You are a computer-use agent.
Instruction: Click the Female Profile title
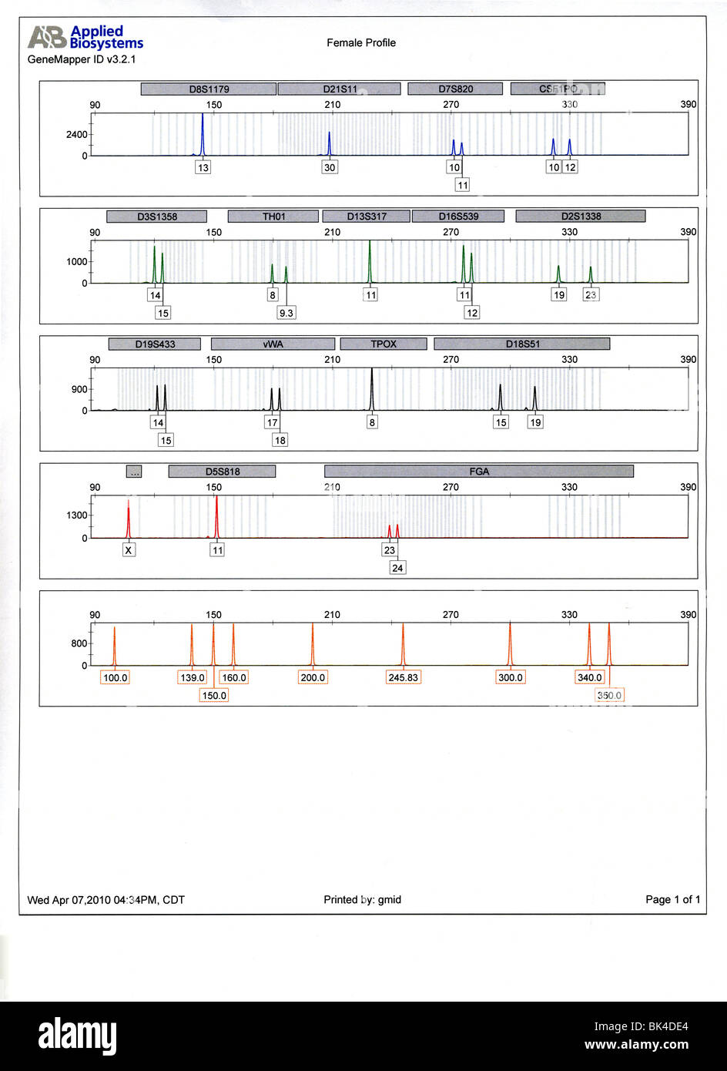pos(361,43)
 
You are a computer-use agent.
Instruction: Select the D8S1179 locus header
pos(209,89)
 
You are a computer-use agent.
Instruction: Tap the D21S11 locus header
pos(340,89)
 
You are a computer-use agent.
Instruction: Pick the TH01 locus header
pos(273,217)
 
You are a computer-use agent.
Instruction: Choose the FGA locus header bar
pos(479,472)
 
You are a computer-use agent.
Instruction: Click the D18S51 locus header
pos(522,344)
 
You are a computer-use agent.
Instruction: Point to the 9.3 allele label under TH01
pos(286,313)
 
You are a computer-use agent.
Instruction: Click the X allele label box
pos(129,550)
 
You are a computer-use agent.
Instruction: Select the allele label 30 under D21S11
pos(330,167)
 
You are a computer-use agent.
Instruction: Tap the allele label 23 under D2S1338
pos(591,294)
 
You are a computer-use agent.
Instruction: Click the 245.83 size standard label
pos(403,678)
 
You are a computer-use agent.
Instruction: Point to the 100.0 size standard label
pos(115,678)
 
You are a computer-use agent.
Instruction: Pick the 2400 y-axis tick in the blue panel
pos(77,135)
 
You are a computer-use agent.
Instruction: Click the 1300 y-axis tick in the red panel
pos(77,515)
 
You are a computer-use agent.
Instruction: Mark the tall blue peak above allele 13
pos(203,135)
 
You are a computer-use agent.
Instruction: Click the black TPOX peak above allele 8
pos(372,389)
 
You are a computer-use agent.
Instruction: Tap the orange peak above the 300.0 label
pos(510,643)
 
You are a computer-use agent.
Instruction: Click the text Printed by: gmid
pos(362,900)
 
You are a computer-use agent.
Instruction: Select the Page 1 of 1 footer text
pos(672,900)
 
